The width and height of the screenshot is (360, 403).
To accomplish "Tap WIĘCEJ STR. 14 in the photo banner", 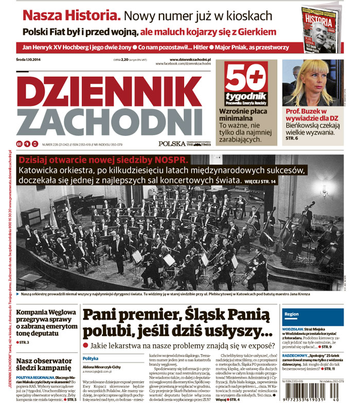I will coord(262,181).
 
